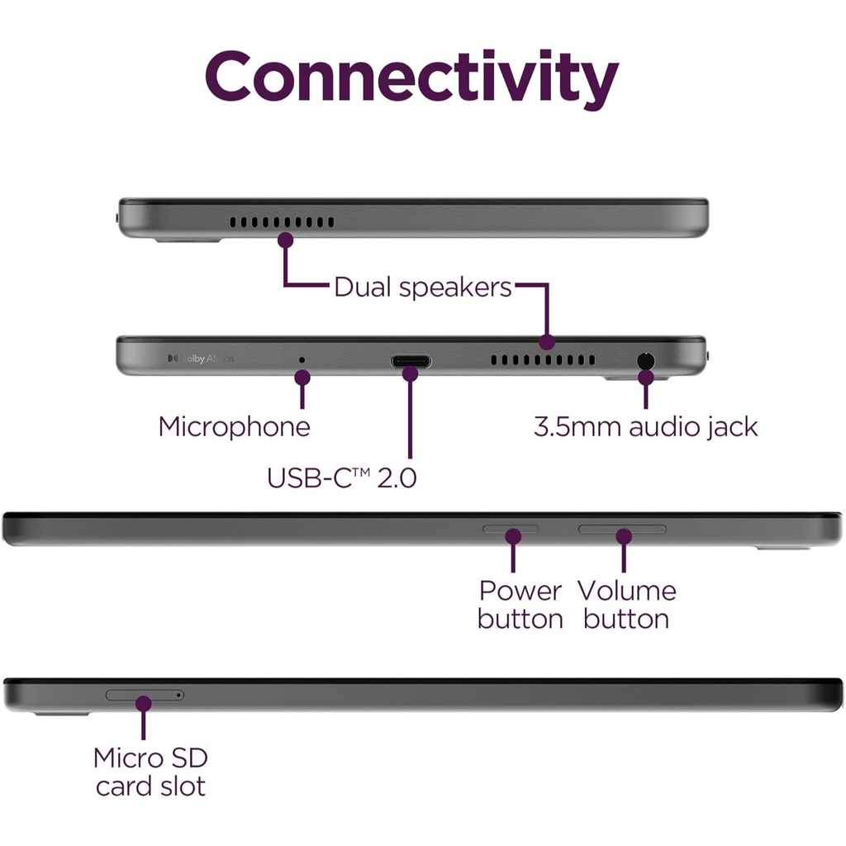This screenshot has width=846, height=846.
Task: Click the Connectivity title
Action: tap(411, 78)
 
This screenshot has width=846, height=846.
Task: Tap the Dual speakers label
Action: tap(422, 288)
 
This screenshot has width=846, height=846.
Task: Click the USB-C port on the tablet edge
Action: tap(411, 361)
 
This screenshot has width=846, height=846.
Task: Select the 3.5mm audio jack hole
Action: tap(645, 360)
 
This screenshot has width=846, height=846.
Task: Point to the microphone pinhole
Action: tap(301, 360)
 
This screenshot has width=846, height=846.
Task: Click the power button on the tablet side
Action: tap(511, 528)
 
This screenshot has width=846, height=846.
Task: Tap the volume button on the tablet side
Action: tap(622, 528)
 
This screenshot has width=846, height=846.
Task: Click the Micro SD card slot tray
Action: tap(140, 695)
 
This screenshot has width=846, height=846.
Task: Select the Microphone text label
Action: tap(234, 427)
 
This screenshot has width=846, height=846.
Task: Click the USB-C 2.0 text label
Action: tap(342, 478)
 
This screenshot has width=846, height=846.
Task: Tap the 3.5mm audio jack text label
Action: tap(645, 427)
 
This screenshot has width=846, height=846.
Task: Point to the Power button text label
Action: tap(520, 605)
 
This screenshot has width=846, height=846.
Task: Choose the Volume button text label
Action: tap(626, 605)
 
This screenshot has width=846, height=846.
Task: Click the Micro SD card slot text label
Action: tap(150, 772)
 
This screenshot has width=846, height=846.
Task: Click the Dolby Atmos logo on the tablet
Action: tap(201, 359)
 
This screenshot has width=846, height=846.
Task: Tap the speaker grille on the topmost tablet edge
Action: tap(282, 222)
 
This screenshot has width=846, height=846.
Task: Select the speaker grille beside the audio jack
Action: tap(542, 360)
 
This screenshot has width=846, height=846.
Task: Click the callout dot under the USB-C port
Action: tap(411, 373)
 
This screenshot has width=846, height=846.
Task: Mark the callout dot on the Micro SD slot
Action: tap(144, 703)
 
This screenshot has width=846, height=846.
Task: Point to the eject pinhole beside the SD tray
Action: tap(179, 695)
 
